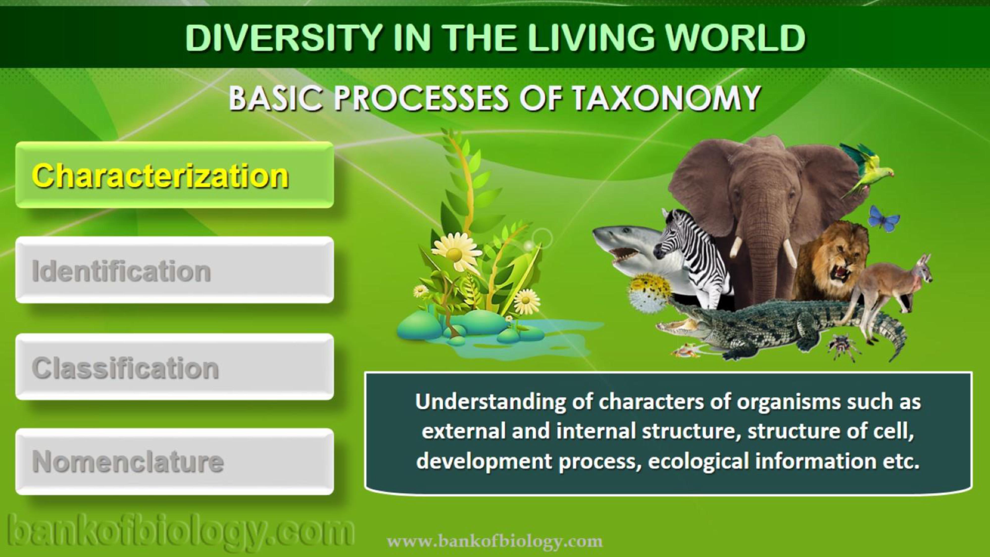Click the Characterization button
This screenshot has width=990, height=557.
click(x=174, y=175)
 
